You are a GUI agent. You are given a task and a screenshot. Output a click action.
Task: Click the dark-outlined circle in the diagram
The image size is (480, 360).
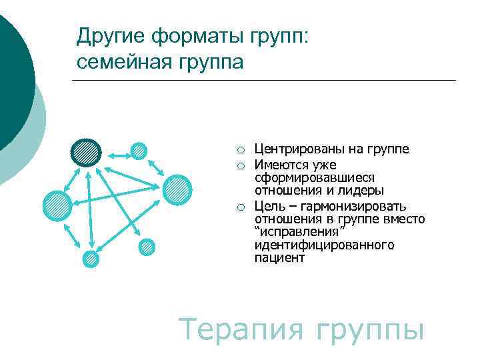[86, 153]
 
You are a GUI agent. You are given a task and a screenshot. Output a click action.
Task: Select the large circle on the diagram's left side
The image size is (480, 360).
[57, 205]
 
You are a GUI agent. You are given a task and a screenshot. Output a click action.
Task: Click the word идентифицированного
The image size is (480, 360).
[324, 245]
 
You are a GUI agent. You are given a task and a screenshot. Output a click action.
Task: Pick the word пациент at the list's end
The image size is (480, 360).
[279, 258]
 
